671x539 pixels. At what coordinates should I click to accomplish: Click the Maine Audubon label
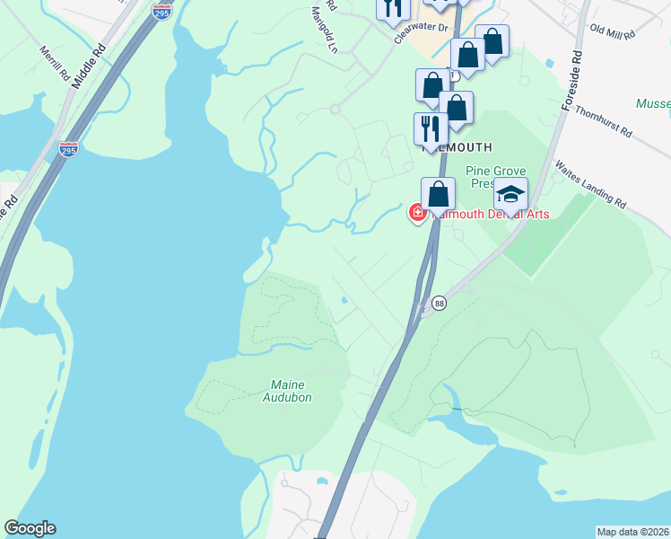coord(291,391)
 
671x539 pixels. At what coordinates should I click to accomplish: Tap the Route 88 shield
coord(439,304)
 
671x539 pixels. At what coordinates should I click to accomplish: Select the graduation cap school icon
coord(510,195)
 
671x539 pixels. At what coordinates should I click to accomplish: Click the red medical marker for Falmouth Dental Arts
coord(418,214)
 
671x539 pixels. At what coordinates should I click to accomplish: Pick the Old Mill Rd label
coord(613,31)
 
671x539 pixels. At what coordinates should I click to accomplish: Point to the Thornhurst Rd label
coord(630,120)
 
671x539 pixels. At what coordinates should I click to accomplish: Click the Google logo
coord(30,528)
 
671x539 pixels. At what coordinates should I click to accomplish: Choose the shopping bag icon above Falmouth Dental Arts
coord(438,194)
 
